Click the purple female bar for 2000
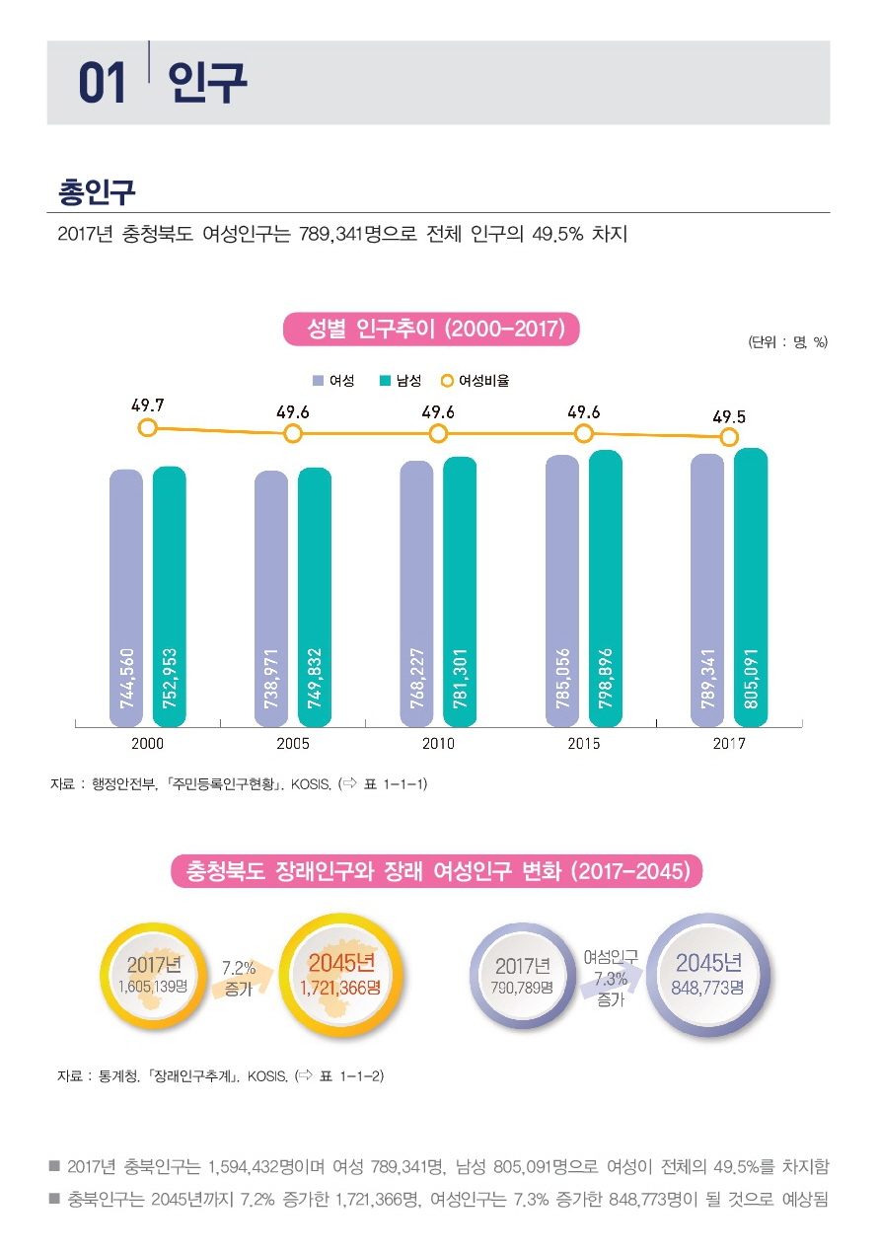click(126, 597)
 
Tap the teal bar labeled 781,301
click(460, 592)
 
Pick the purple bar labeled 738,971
click(271, 598)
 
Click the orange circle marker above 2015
click(584, 433)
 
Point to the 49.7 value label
click(148, 405)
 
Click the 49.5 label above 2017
click(729, 416)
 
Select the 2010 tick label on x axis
click(438, 744)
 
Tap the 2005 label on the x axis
click(293, 744)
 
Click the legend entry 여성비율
click(476, 380)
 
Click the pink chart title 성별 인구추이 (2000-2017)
click(431, 330)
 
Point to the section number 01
click(103, 84)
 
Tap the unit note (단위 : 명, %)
click(786, 342)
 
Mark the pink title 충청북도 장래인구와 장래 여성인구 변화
click(437, 871)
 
